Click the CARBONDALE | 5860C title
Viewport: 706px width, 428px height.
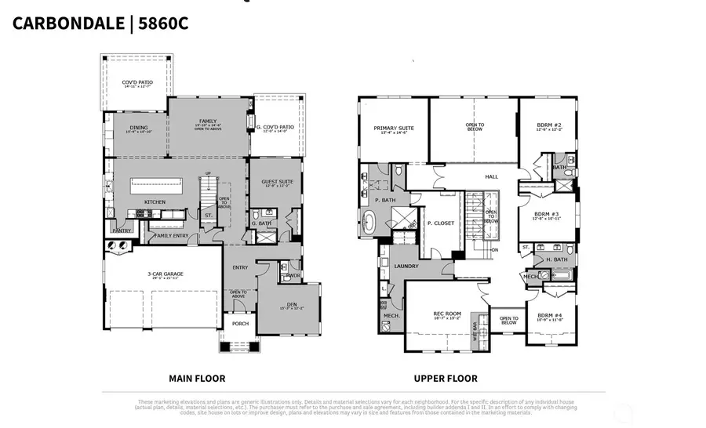pos(100,23)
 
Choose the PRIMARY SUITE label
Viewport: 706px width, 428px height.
pos(394,128)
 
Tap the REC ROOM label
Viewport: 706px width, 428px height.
pos(446,314)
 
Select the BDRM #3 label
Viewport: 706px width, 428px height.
pos(546,214)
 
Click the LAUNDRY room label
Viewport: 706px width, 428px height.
pos(406,267)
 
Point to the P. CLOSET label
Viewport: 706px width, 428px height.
pos(441,223)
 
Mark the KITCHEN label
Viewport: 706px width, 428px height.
pos(155,202)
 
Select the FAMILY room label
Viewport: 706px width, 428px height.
pos(208,122)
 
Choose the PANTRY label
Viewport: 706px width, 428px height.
pos(121,230)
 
